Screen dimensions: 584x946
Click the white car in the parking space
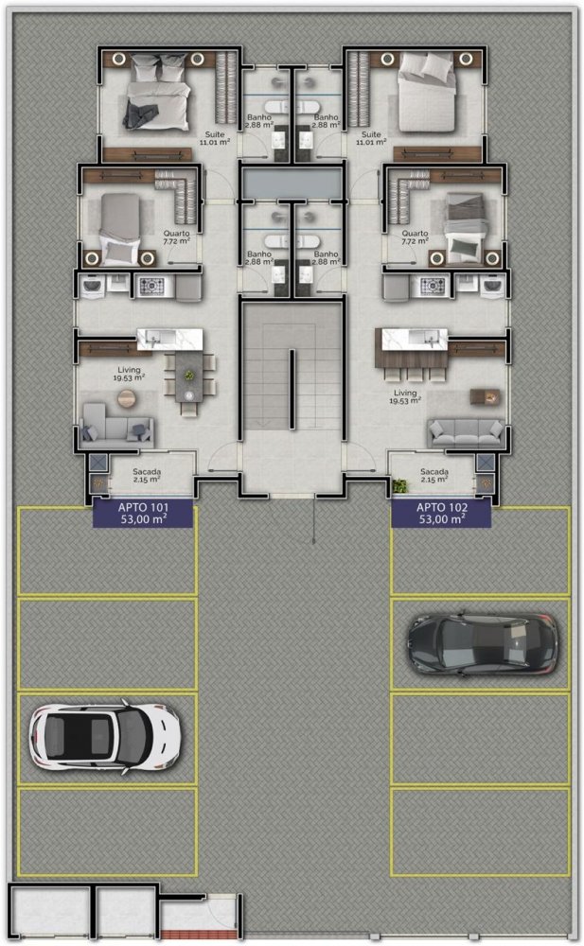click(x=105, y=737)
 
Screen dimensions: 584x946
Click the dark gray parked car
click(x=483, y=643)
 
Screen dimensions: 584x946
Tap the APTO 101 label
click(x=143, y=514)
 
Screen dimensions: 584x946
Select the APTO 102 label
click(x=441, y=514)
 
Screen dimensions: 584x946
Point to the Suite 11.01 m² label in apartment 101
click(x=215, y=138)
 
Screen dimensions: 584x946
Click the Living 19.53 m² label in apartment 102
click(x=404, y=396)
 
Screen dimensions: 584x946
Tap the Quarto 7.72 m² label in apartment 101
click(x=176, y=237)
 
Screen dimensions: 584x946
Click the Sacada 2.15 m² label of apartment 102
click(x=434, y=476)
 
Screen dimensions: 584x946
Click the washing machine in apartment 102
click(x=493, y=286)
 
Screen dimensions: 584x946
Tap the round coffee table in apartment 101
click(x=127, y=398)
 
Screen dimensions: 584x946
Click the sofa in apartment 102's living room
click(x=466, y=433)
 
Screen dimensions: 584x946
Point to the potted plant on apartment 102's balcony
click(x=399, y=485)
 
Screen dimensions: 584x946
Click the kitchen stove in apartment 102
click(x=433, y=286)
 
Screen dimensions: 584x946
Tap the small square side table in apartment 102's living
click(x=485, y=396)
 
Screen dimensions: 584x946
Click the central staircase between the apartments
click(x=292, y=377)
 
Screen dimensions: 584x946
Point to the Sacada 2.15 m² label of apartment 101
click(x=147, y=476)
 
